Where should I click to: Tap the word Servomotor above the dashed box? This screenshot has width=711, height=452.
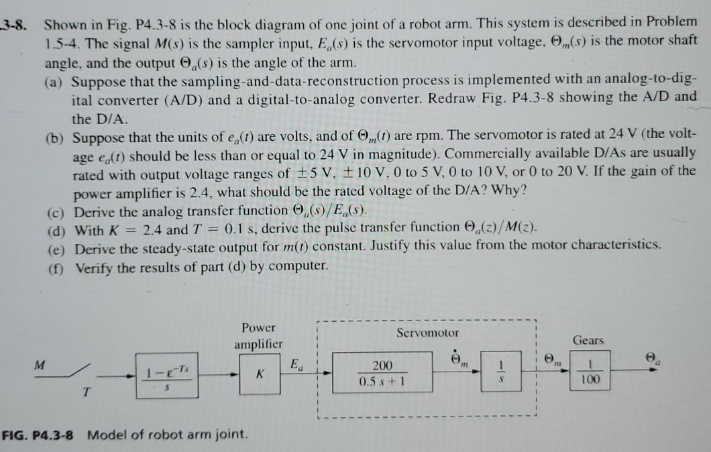428,332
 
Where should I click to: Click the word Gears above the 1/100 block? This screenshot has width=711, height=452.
588,340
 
